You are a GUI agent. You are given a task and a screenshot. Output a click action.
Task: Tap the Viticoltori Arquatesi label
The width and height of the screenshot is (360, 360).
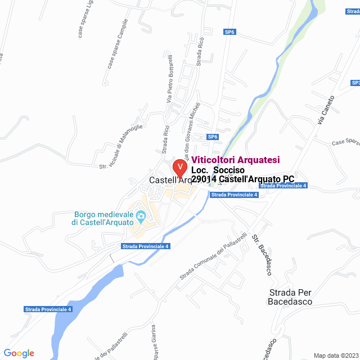236,160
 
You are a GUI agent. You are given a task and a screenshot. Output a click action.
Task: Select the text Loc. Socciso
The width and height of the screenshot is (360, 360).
217,170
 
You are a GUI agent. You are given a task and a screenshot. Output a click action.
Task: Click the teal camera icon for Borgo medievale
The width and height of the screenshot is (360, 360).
141,215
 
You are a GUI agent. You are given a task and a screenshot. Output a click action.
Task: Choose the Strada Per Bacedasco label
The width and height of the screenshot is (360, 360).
290,297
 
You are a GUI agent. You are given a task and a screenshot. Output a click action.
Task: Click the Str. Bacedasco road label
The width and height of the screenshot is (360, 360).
262,254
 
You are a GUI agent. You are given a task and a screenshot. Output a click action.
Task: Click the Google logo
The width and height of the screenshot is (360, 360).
19,353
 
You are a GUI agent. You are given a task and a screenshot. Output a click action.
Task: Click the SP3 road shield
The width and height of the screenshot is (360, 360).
355,83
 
